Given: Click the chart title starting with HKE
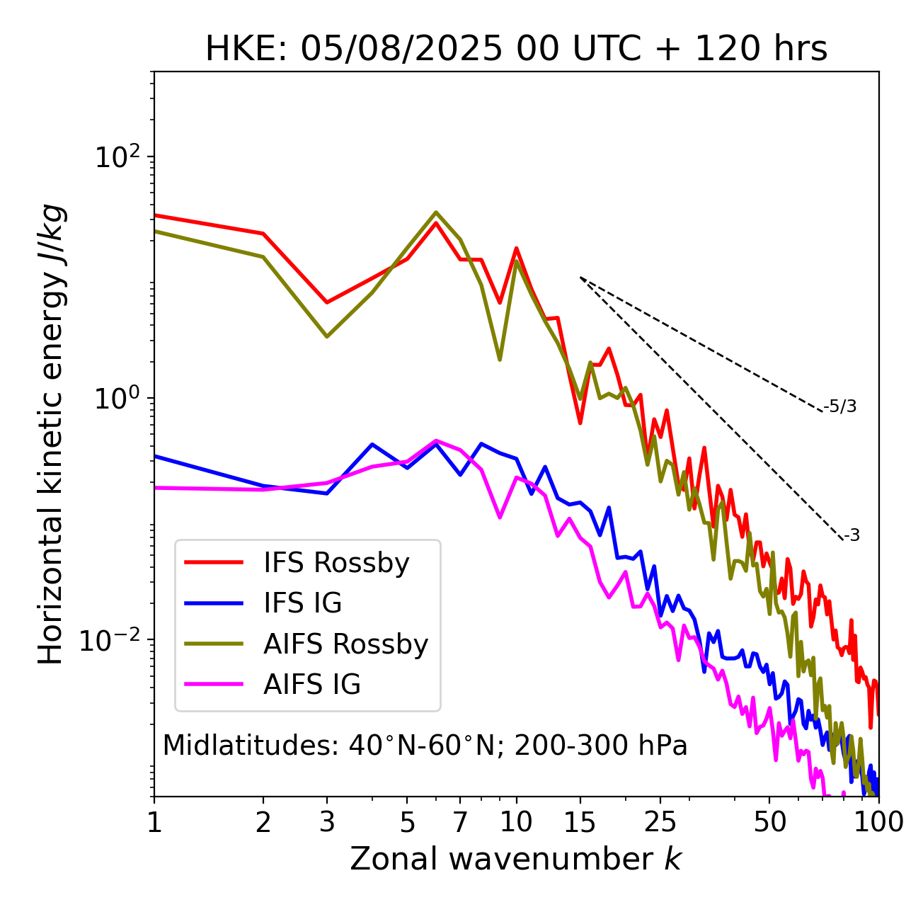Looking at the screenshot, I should pyautogui.click(x=516, y=50).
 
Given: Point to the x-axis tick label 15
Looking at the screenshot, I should pyautogui.click(x=580, y=822).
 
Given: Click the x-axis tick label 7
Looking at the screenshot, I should pyautogui.click(x=460, y=822).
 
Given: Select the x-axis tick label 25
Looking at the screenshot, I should pyautogui.click(x=660, y=822).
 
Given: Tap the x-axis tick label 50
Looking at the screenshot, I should pyautogui.click(x=769, y=822).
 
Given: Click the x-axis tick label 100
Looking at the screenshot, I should pyautogui.click(x=878, y=822).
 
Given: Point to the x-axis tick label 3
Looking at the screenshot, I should pyautogui.click(x=327, y=822).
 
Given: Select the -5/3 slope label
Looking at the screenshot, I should pyautogui.click(x=840, y=406).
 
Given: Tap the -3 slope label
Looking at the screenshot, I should pyautogui.click(x=851, y=536).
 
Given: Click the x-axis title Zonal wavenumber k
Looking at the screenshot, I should pyautogui.click(x=516, y=859).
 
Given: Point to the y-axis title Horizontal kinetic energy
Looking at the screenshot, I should pyautogui.click(x=51, y=434).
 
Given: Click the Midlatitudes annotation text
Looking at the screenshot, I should pyautogui.click(x=425, y=746).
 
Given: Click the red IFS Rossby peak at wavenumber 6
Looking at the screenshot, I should pyautogui.click(x=436, y=222).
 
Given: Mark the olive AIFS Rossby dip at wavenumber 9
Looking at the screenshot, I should pyautogui.click(x=500, y=360).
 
